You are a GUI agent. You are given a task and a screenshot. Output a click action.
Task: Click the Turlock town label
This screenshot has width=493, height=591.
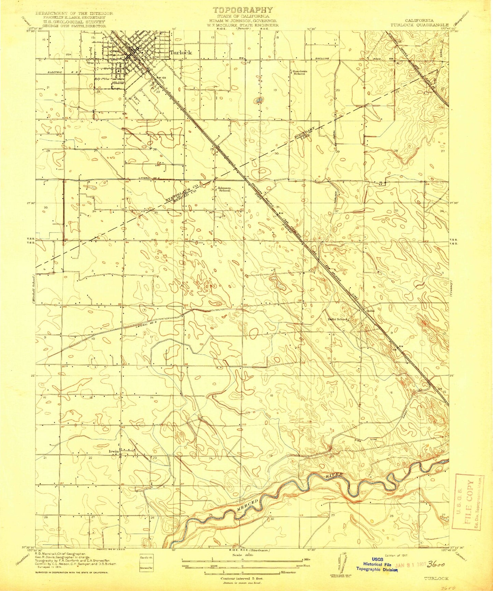point(180,52)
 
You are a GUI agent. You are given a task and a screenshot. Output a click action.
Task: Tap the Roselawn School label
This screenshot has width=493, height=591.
point(299,72)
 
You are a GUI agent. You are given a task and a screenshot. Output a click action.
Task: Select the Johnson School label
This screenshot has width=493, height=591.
point(224,189)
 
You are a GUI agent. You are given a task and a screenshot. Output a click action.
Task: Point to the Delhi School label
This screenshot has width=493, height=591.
point(337,319)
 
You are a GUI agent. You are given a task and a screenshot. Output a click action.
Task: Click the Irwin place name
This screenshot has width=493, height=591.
point(114,451)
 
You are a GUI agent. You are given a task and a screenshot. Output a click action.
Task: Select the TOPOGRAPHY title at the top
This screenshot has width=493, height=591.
point(243,10)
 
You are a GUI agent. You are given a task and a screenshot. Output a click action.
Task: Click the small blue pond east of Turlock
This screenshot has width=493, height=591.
point(259,100)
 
